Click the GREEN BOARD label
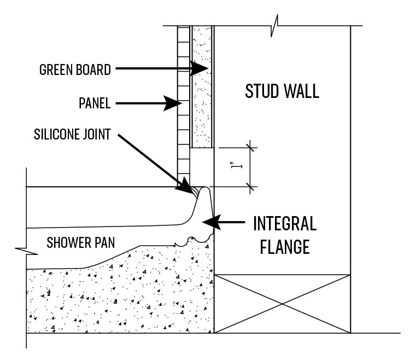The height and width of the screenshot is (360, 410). tap(75, 70)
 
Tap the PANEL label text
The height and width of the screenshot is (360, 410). tap(95, 103)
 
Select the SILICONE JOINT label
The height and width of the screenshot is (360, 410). tap(72, 135)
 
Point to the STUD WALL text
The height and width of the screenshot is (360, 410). tap(282, 91)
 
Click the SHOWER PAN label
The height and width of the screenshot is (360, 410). tap(81, 242)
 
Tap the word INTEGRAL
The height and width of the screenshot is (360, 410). tap(285, 223)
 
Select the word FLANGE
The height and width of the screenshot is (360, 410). tap(285, 247)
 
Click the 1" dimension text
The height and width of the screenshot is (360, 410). tap(237, 166)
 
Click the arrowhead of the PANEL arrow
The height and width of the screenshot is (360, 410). tap(173, 103)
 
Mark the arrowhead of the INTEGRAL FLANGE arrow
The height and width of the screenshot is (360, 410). tap(212, 222)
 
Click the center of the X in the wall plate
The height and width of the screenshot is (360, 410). tap(283, 304)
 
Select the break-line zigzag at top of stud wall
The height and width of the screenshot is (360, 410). tap(274, 26)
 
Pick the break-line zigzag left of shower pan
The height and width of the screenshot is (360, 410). tap(26, 251)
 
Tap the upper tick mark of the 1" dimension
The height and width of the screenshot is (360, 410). tap(250, 148)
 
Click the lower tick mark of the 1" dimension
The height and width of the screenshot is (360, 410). tap(250, 187)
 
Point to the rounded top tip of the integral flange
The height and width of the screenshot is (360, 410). tap(205, 187)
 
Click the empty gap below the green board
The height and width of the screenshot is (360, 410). tap(202, 167)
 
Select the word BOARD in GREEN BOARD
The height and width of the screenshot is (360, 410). tap(93, 70)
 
